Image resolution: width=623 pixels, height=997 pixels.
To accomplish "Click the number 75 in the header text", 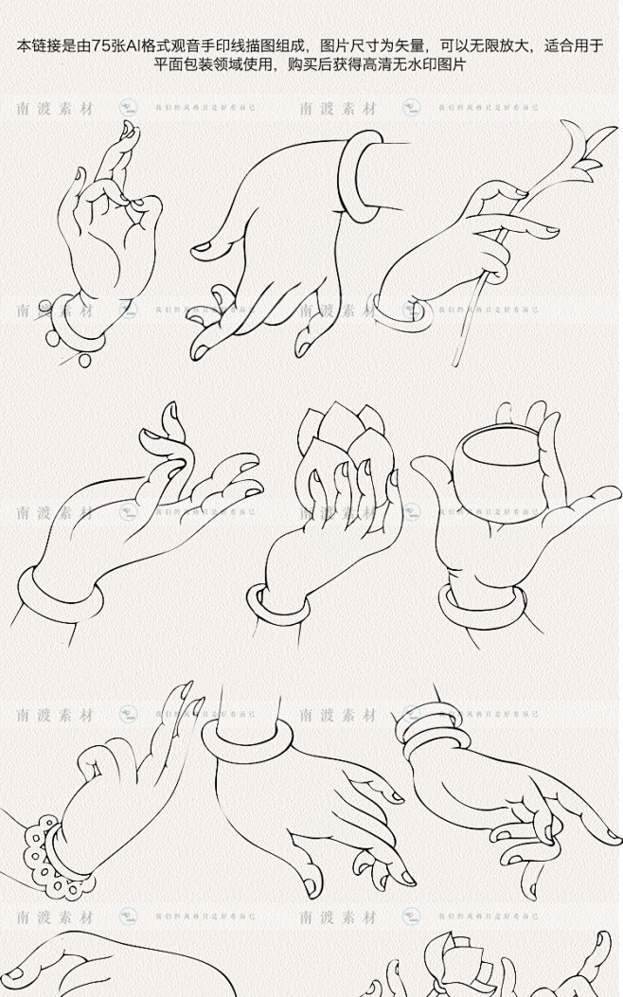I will (x=101, y=45).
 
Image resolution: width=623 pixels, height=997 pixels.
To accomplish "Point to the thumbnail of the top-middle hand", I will (x=203, y=249).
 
